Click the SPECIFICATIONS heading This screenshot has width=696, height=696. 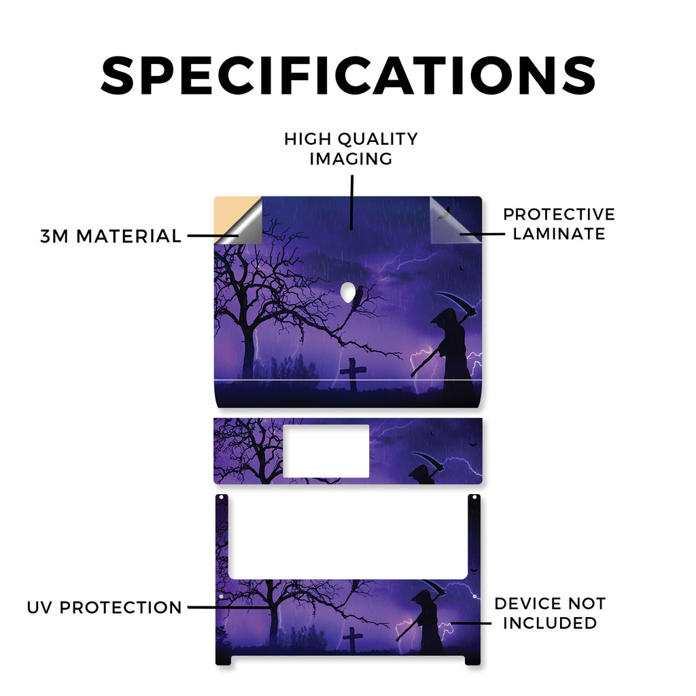coord(349,75)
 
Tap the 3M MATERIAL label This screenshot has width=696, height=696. coord(111,236)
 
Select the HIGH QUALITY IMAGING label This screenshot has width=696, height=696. coord(351,149)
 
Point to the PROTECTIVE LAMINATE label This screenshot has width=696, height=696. coord(559,224)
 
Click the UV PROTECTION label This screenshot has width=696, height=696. coord(104,607)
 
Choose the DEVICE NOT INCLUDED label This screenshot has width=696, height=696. coord(550,613)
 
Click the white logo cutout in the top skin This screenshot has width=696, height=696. coord(349,293)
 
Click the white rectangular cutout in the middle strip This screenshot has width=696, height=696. coord(326,451)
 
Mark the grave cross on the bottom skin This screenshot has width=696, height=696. coord(353,639)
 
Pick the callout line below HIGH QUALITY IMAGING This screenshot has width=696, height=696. coord(351,203)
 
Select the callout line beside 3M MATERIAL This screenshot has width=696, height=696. coord(212,236)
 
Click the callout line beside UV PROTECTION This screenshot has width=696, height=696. coord(229,607)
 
